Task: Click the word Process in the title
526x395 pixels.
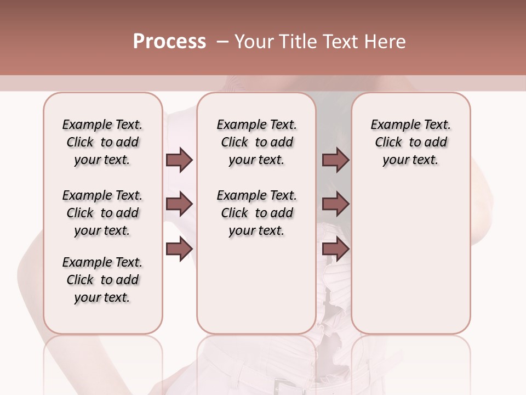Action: point(169,42)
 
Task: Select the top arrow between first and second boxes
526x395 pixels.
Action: point(179,160)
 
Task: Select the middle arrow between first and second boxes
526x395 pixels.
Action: point(179,204)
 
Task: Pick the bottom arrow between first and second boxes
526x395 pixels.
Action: point(179,249)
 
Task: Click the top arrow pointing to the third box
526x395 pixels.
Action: point(335,160)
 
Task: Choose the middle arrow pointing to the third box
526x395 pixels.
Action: point(335,204)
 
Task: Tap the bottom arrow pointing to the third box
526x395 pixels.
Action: point(335,249)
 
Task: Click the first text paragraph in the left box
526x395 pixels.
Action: point(102,142)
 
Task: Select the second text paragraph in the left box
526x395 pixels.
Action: point(102,213)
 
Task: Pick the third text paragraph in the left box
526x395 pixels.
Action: point(102,280)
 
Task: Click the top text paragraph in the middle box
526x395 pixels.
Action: point(256,142)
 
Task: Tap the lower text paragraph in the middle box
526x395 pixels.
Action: point(256,213)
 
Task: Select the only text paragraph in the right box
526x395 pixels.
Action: point(411,142)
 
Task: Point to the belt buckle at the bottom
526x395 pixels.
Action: point(283,386)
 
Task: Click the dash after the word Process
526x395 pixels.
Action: point(222,42)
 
